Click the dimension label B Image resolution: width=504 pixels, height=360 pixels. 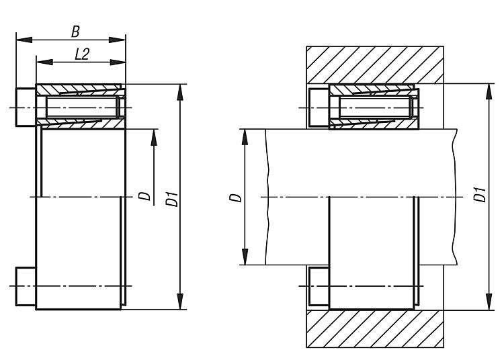click(x=75, y=32)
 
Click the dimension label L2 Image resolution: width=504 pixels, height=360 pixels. click(x=82, y=54)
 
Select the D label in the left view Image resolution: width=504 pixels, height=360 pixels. click(x=145, y=196)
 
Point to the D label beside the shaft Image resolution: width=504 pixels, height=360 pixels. click(x=235, y=197)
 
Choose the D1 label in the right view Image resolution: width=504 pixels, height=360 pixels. click(x=480, y=194)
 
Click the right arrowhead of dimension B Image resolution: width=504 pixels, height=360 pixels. click(x=117, y=40)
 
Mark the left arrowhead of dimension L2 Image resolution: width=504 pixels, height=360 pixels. click(x=44, y=62)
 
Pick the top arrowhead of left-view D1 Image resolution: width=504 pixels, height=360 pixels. click(x=180, y=93)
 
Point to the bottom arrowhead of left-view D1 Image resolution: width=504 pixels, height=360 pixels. click(x=180, y=301)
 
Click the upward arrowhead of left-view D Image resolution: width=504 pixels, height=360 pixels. click(x=154, y=138)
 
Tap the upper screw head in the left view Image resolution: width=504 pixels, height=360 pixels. click(x=26, y=107)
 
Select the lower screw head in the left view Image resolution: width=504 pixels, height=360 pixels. click(x=26, y=286)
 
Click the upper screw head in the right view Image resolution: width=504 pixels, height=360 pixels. click(x=319, y=107)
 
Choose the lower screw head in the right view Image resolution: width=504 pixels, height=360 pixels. click(x=319, y=286)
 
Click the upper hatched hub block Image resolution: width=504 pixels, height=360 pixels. click(x=375, y=65)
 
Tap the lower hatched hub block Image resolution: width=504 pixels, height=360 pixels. click(x=375, y=329)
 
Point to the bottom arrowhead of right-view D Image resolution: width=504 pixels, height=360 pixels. click(x=245, y=257)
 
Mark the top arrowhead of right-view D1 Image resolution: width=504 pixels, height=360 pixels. click(x=489, y=93)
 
